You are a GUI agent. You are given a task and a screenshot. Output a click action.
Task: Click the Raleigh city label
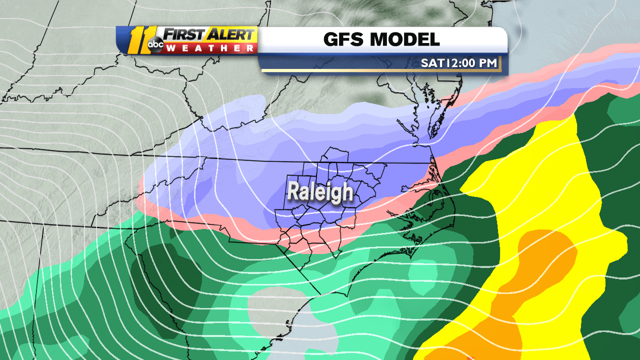(x=320, y=192)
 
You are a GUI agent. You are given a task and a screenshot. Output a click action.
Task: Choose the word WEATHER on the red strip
(x=210, y=48)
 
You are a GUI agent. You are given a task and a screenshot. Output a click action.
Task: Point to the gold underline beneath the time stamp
(x=380, y=70)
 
